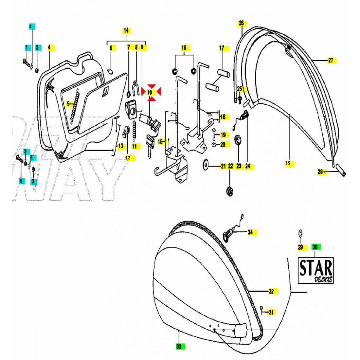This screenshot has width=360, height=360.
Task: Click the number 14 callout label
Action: (126, 31)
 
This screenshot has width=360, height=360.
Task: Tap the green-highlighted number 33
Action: (179, 347)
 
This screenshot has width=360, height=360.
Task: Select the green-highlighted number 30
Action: (315, 247)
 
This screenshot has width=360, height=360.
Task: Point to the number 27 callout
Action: (331, 60)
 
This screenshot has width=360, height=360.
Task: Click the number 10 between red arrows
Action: (150, 92)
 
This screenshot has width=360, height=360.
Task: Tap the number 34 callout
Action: (250, 232)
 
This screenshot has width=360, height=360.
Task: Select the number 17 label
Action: (222, 48)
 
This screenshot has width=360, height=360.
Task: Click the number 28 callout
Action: (320, 172)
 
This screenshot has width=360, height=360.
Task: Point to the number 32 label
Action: (271, 291)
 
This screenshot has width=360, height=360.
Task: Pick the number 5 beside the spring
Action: (68, 104)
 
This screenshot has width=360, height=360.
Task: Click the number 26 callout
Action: (241, 23)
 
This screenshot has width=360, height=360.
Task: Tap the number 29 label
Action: (300, 247)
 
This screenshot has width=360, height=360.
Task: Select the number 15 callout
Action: (160, 142)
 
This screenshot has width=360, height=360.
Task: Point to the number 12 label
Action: (128, 158)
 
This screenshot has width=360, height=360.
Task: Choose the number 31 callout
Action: (271, 312)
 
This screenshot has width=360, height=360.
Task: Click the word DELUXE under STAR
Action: (323, 279)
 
